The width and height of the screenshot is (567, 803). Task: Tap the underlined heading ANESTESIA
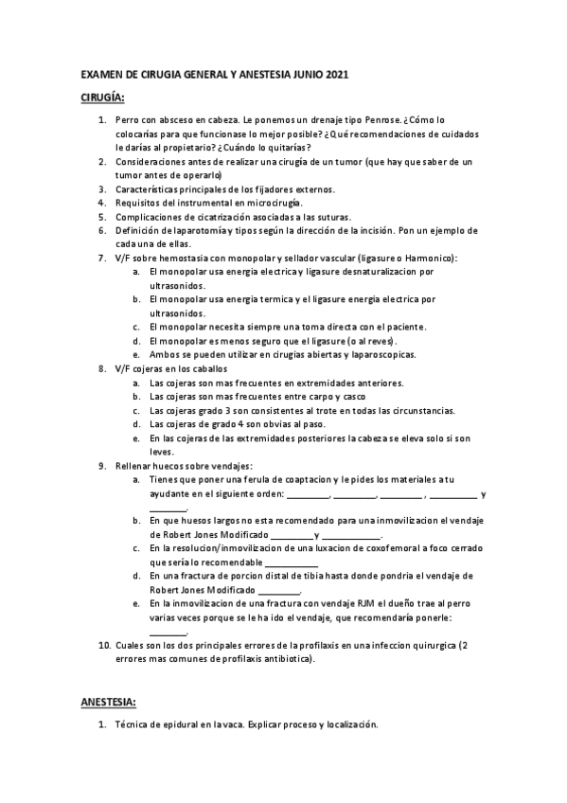pyautogui.click(x=109, y=702)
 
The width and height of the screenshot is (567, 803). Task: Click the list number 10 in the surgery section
pyautogui.click(x=105, y=645)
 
